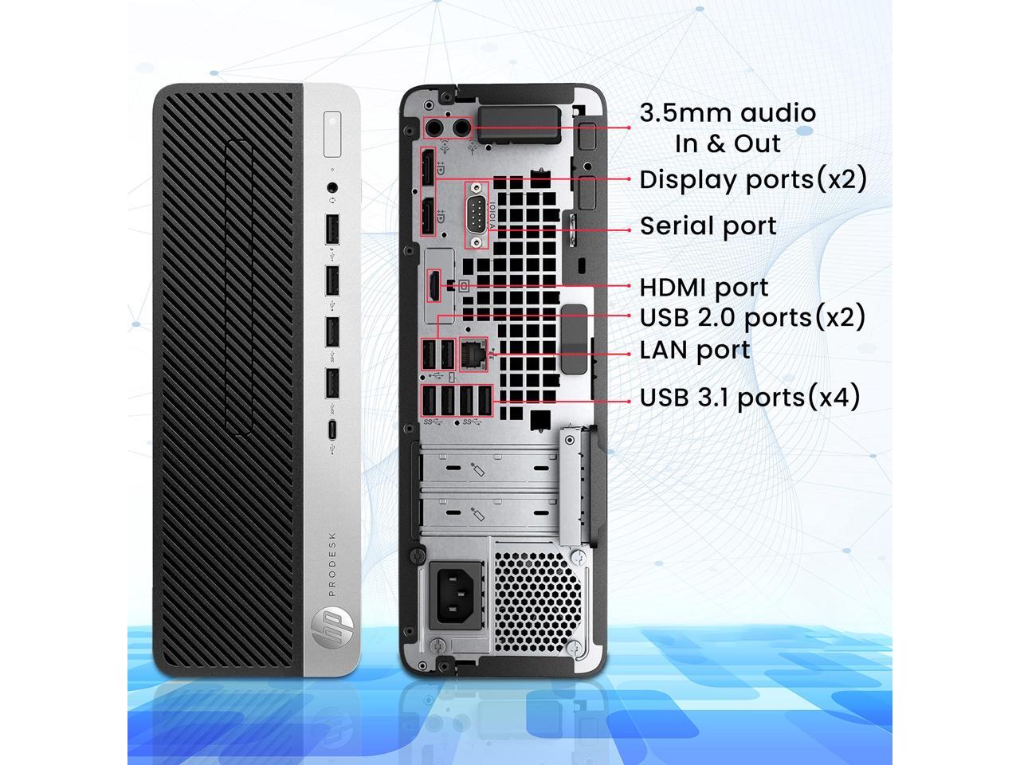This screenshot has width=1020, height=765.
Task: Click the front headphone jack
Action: coord(332,188)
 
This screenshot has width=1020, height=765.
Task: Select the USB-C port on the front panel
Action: coord(332,430)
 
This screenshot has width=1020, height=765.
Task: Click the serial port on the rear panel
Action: coord(477,214)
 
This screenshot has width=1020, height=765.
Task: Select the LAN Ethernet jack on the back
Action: coord(476,351)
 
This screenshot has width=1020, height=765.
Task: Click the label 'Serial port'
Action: coord(708,226)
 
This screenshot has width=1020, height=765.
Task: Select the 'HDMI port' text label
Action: coord(704,288)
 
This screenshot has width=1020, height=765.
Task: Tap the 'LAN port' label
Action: coord(695,350)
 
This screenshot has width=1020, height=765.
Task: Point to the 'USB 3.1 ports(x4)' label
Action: coord(750,397)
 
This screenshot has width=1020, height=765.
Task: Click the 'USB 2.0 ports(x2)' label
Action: coord(752,318)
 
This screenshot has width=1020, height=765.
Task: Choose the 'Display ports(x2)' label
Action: coord(752,179)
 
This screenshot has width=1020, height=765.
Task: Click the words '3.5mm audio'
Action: coord(728,113)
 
